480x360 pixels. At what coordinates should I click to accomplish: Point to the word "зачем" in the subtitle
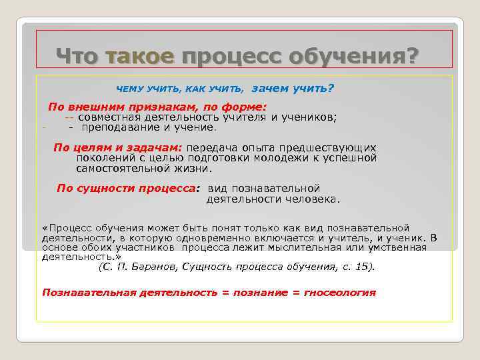click(270, 88)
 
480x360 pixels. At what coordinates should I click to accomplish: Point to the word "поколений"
click(104, 157)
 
